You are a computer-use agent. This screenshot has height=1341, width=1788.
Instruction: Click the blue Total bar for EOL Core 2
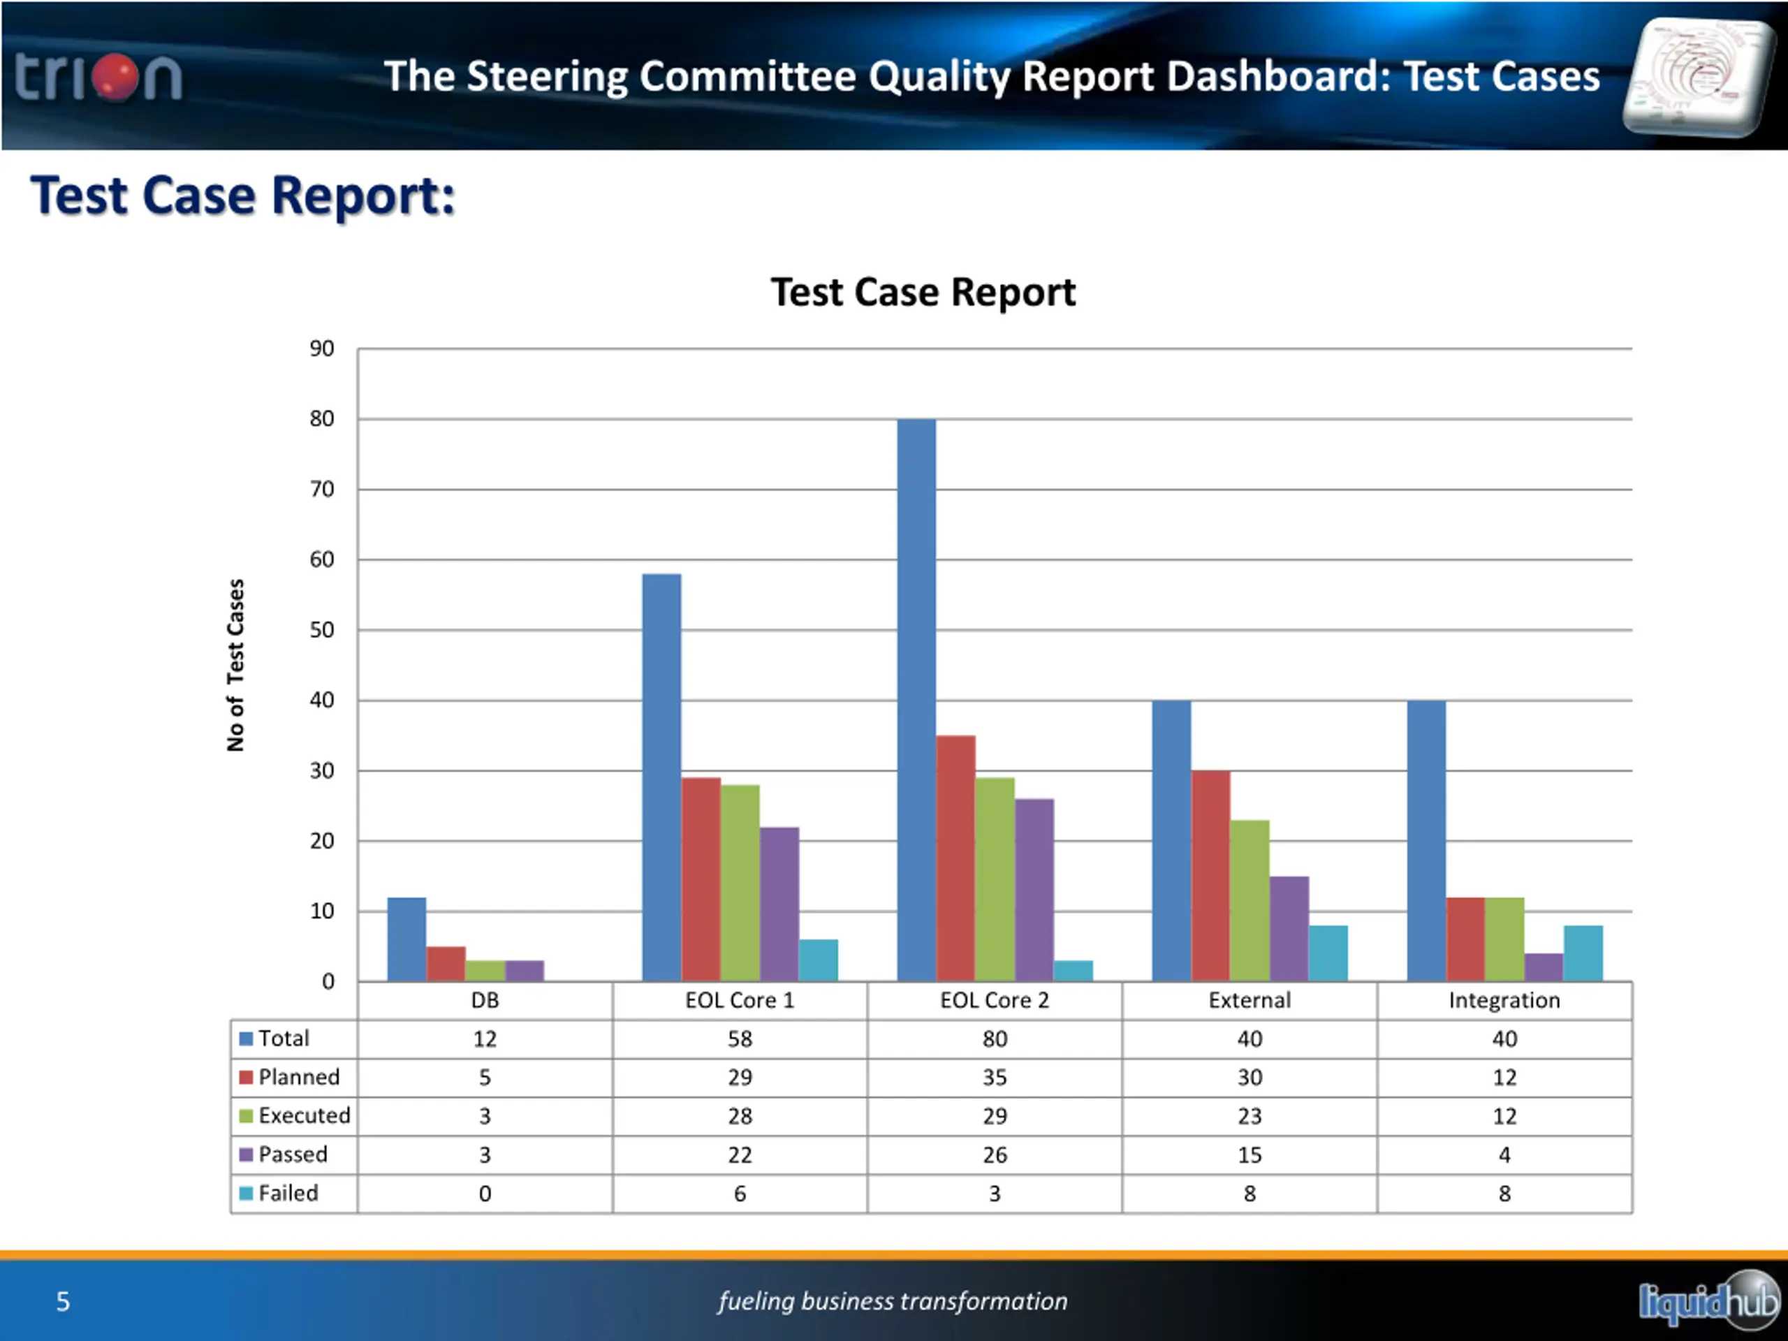[916, 699]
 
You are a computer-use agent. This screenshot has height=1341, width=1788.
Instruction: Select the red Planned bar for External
[1210, 875]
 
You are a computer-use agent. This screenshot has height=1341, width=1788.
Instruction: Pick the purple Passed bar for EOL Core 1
[779, 904]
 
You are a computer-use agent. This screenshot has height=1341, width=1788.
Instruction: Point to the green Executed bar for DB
[485, 971]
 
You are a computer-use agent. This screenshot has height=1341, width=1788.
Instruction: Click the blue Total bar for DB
[406, 939]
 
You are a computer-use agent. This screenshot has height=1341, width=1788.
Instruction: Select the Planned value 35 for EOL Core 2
[995, 1078]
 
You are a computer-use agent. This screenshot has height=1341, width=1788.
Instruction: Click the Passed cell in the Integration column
[1504, 1155]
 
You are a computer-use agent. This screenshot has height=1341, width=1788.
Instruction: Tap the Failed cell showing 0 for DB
[485, 1194]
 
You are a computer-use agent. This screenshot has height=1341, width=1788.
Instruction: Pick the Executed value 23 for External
[1249, 1116]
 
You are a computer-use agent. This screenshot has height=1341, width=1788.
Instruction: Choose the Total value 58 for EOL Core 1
[740, 1039]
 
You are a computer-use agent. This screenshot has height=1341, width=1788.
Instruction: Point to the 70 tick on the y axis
[322, 489]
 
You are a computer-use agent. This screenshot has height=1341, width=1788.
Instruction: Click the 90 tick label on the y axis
[322, 349]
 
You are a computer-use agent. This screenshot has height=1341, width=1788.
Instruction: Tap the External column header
[1249, 1001]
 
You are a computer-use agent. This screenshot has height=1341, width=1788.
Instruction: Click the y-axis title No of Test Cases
[235, 664]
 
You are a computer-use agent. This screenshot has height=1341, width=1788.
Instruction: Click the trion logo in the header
[98, 78]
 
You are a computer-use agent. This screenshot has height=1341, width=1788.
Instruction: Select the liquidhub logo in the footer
[1707, 1301]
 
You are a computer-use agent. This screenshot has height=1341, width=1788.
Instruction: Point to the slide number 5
[63, 1301]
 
